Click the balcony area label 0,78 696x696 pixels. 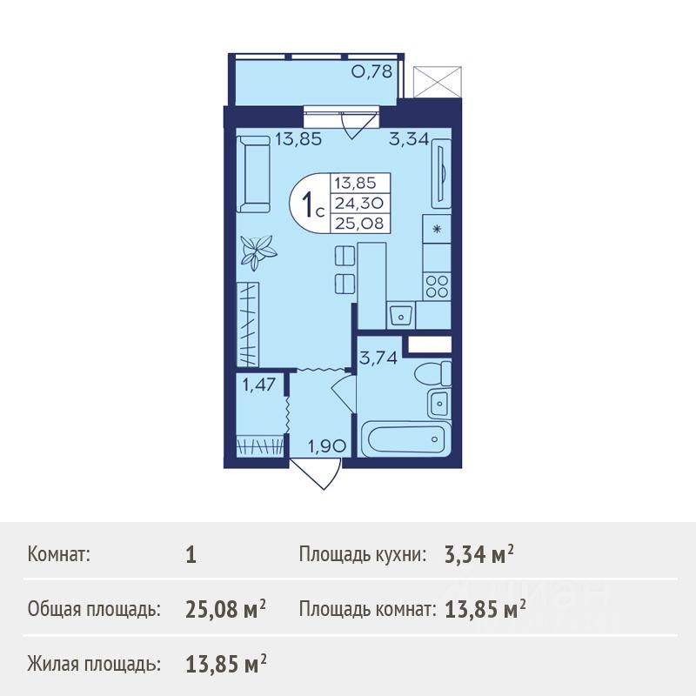[x=372, y=71]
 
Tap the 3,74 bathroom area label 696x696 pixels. [x=378, y=358]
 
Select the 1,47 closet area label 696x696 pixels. [x=258, y=385]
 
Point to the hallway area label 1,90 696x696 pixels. [x=327, y=446]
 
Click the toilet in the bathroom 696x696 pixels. [x=432, y=373]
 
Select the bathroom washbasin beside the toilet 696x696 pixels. [x=439, y=403]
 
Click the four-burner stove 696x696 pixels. [x=438, y=286]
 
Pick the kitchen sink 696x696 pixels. [x=400, y=315]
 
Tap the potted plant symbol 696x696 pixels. [x=258, y=252]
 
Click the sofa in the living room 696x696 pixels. [x=253, y=175]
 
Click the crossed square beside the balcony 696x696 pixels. [x=437, y=82]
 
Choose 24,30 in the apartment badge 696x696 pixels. [x=359, y=204]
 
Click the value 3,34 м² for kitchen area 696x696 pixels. [x=479, y=555]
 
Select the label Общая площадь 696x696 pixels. [x=94, y=611]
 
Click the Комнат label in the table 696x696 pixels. [x=59, y=555]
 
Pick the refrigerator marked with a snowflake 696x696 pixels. [x=438, y=229]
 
